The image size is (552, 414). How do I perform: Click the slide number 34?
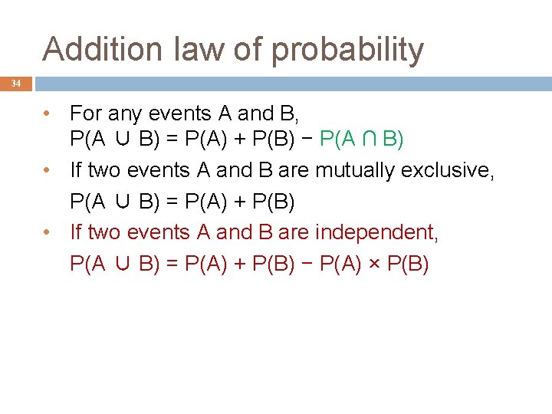(16, 84)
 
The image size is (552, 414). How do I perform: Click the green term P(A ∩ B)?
(361, 140)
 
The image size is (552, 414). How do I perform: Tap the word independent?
(376, 232)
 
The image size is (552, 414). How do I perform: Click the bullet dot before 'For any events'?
(48, 114)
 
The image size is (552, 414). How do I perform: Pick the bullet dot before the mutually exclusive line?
(48, 170)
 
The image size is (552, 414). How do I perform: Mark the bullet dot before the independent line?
(48, 232)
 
